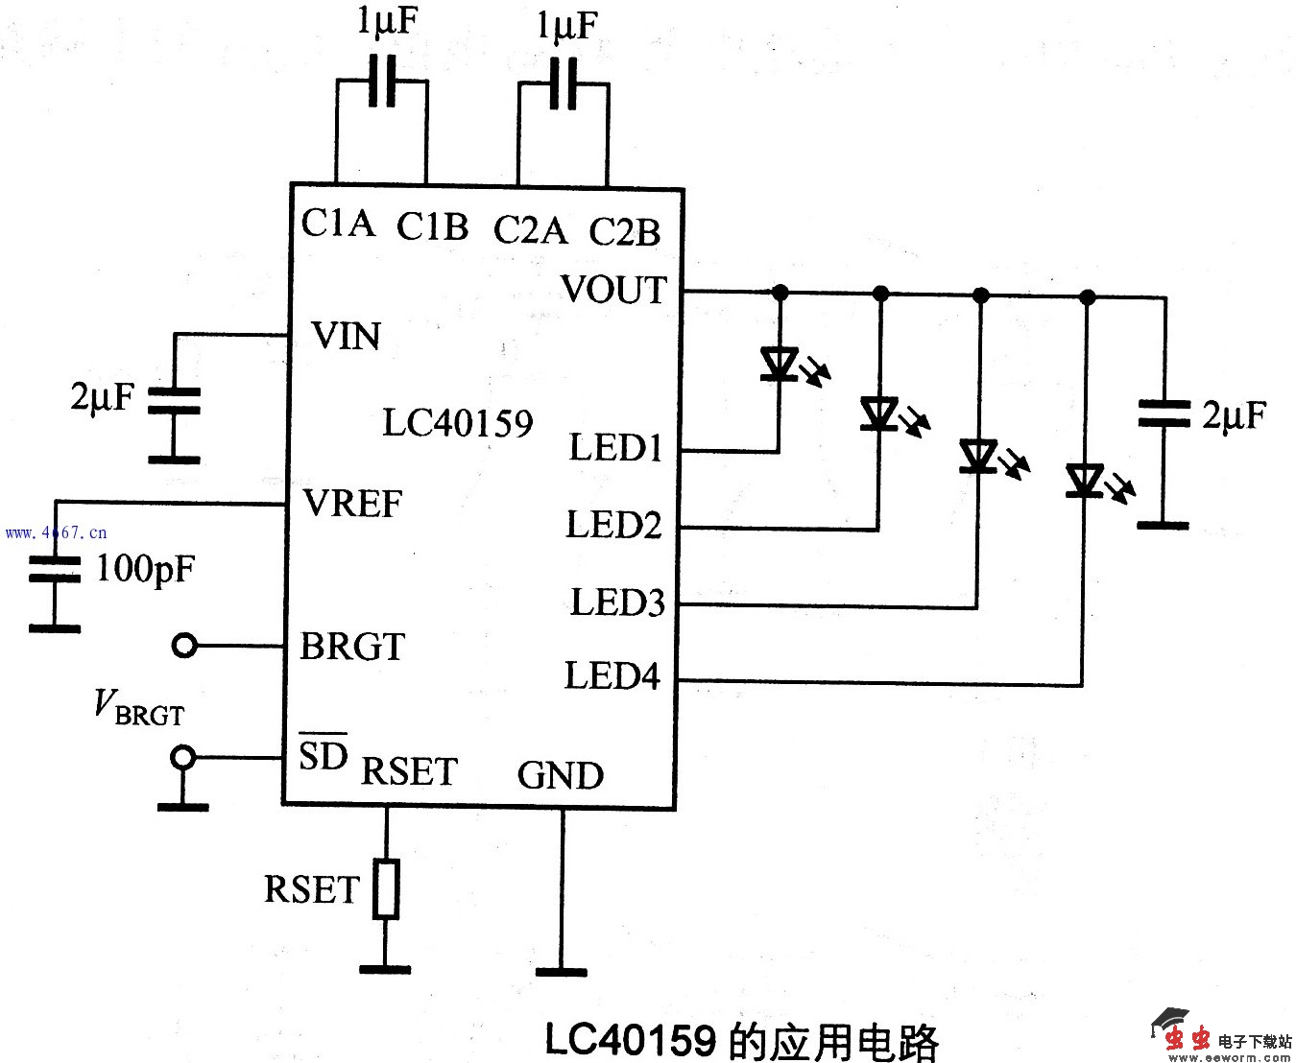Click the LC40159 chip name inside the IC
pyautogui.click(x=457, y=423)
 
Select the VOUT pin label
pyautogui.click(x=613, y=290)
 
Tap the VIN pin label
pyautogui.click(x=346, y=337)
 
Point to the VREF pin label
pyautogui.click(x=352, y=504)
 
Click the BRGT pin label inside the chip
pyautogui.click(x=352, y=647)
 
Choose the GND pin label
pyautogui.click(x=560, y=775)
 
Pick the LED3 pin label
pyautogui.click(x=617, y=602)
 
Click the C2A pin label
pyautogui.click(x=530, y=230)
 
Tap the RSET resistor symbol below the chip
pyautogui.click(x=386, y=890)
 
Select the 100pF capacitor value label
pyautogui.click(x=145, y=569)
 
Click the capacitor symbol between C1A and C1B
pyautogui.click(x=382, y=82)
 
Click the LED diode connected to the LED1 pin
pyautogui.click(x=779, y=365)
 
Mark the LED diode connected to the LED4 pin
pyautogui.click(x=1085, y=481)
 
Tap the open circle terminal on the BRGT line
pyautogui.click(x=184, y=646)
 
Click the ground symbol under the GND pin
pyautogui.click(x=561, y=972)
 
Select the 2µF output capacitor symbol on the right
pyautogui.click(x=1164, y=413)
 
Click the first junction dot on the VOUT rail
pyautogui.click(x=780, y=291)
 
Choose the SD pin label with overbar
pyautogui.click(x=323, y=754)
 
